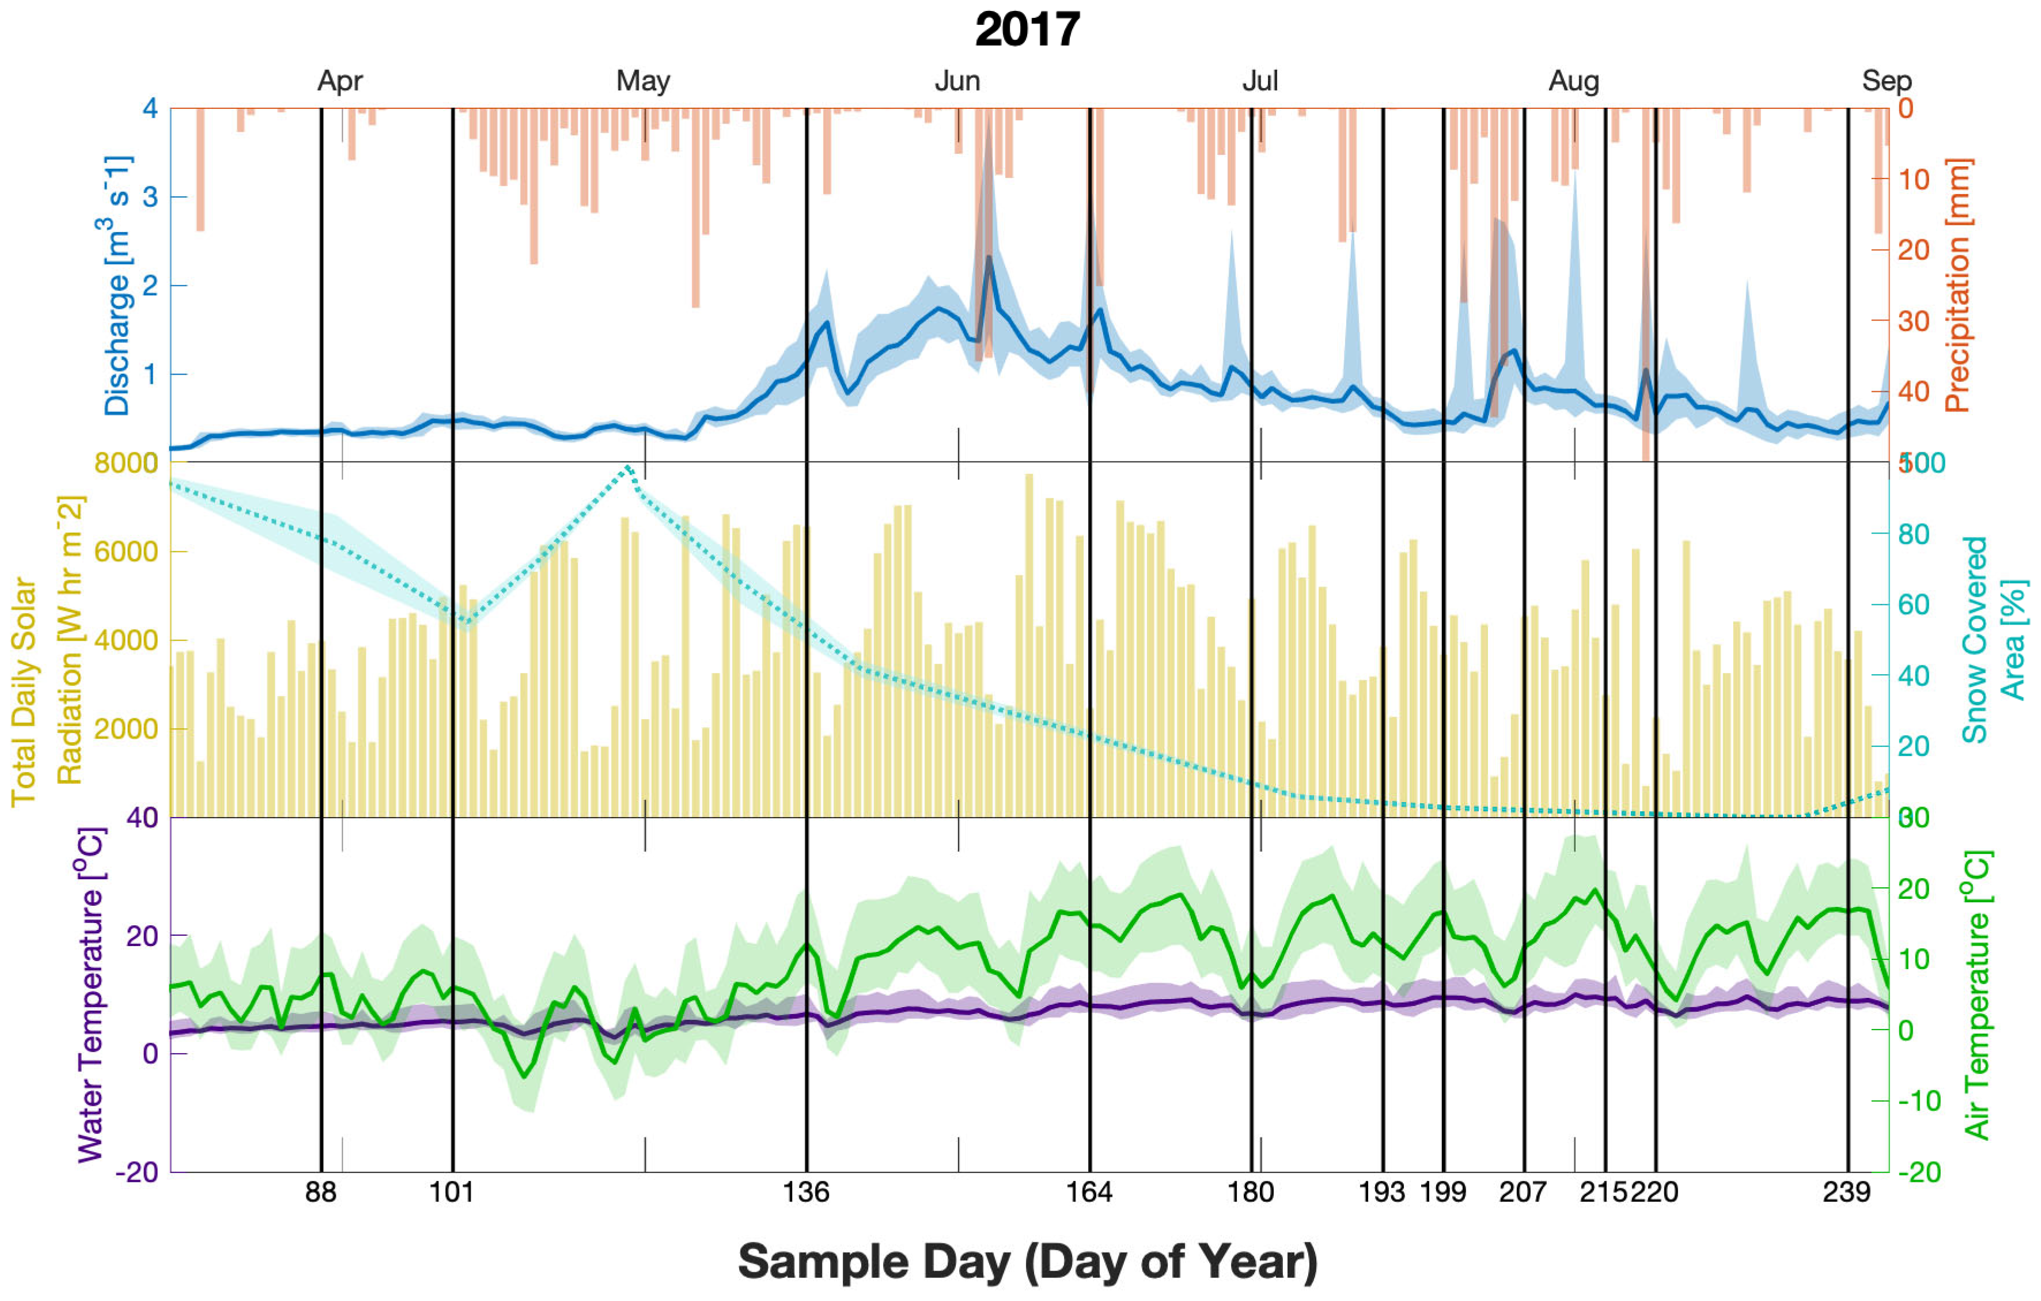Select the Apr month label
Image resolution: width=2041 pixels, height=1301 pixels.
[x=340, y=81]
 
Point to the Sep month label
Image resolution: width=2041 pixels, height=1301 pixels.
[x=1887, y=81]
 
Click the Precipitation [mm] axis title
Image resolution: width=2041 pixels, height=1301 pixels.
[x=1959, y=286]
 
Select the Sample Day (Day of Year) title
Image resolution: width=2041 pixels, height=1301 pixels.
[x=1027, y=1262]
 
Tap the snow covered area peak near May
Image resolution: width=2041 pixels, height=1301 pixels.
[x=628, y=467]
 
